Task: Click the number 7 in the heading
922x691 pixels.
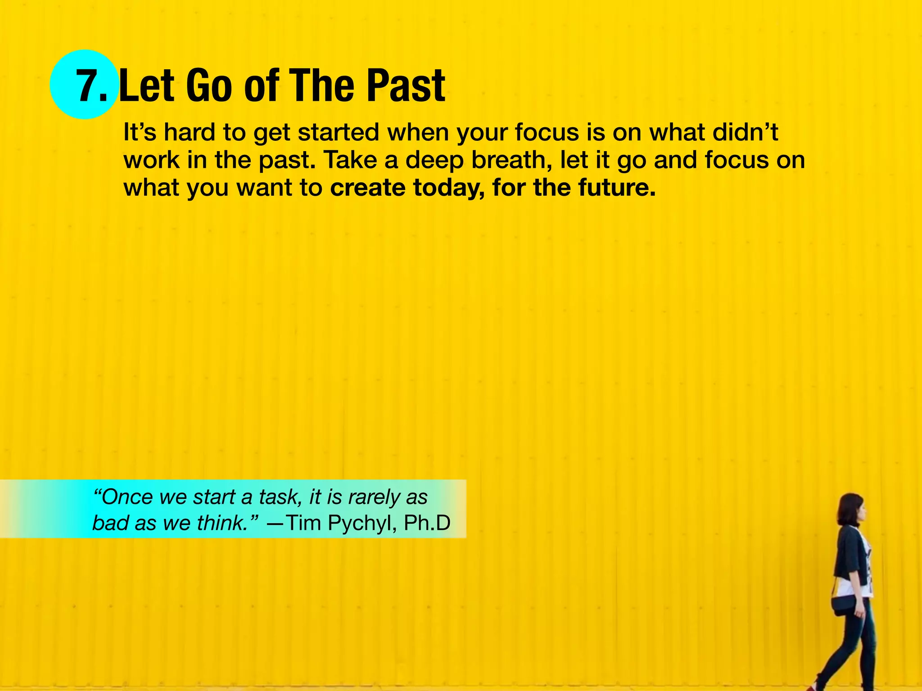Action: point(88,86)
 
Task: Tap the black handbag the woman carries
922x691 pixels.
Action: point(842,606)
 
